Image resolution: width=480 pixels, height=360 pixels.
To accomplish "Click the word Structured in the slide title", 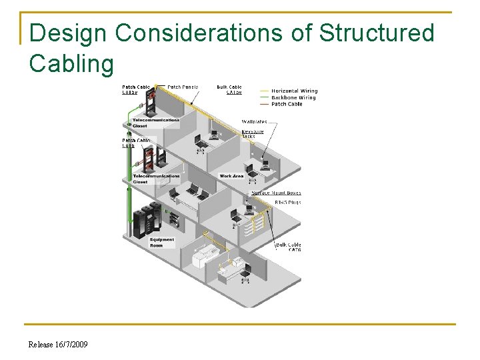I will point(377,33).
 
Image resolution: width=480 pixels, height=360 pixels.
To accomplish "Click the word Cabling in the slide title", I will point(72,64).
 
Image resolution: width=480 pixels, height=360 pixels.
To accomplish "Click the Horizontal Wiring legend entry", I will point(294,91).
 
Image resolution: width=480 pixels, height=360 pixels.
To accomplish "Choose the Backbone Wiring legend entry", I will point(293,98).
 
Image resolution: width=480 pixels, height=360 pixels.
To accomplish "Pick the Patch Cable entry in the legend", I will point(287,104).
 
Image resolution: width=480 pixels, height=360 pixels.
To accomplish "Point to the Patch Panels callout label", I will point(183,87).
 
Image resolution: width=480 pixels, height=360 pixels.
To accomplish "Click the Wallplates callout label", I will point(255,122).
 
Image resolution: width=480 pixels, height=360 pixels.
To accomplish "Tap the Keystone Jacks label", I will point(253,134).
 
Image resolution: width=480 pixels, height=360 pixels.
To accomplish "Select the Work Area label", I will point(231,176).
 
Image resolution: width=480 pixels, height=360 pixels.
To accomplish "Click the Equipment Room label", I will point(162,242).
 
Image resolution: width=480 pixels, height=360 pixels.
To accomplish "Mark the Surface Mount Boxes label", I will point(275,193).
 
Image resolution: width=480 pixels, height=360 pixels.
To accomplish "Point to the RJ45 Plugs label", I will point(287,202).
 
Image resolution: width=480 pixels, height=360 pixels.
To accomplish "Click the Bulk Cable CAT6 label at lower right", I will point(289,247).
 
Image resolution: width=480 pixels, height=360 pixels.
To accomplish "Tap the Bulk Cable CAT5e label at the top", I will point(229,89).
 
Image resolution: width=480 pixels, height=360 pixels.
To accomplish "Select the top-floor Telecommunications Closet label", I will point(155,123).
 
